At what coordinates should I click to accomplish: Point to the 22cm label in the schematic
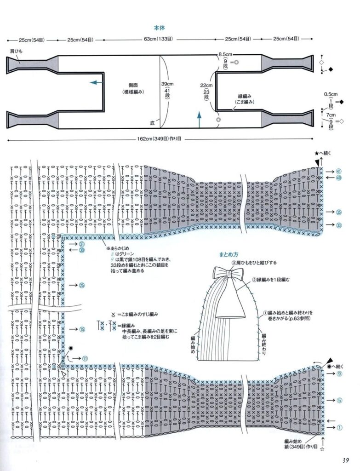pos(206,86)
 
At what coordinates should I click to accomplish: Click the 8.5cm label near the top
pos(225,54)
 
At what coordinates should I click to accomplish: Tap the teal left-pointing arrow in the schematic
pos(96,82)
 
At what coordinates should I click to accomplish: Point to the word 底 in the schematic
pos(152,123)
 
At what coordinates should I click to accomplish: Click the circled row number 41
pos(339,171)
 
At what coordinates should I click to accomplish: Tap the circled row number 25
pos(82,286)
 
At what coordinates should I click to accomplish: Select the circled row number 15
pos(82,329)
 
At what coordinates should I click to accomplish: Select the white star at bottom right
pos(322,448)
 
